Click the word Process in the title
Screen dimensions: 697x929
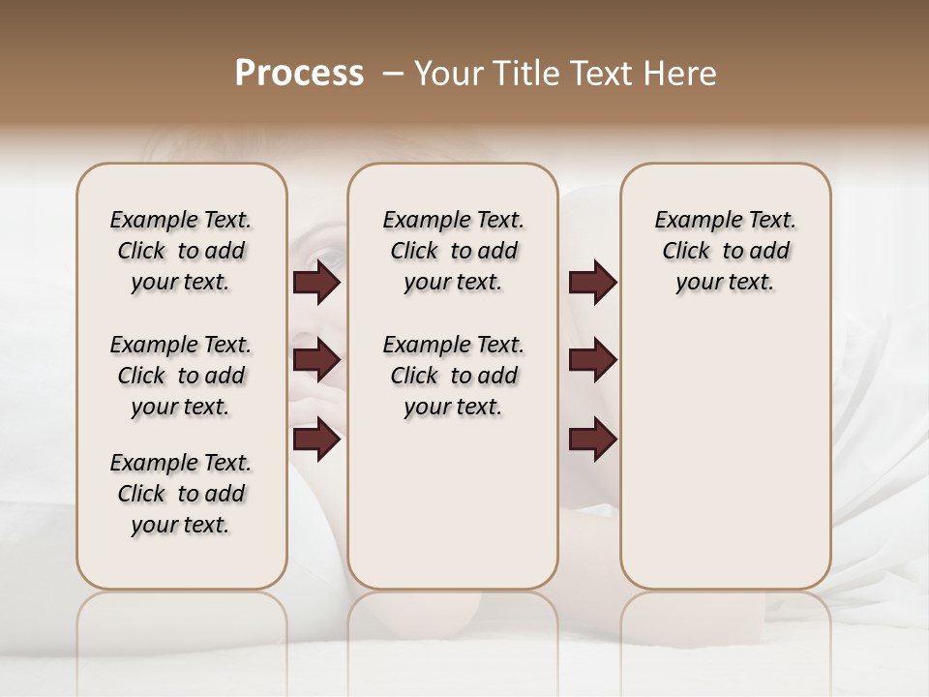click(299, 74)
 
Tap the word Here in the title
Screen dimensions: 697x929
click(682, 74)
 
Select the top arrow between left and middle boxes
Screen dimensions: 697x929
click(316, 283)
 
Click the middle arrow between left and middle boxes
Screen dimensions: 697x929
click(316, 360)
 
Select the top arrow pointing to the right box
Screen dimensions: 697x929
click(592, 283)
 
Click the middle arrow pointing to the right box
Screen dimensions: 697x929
click(592, 360)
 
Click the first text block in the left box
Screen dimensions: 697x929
click(181, 251)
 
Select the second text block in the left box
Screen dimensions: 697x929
click(181, 376)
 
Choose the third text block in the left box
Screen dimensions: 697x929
click(181, 494)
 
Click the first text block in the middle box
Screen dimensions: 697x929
click(454, 251)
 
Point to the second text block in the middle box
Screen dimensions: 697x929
click(454, 376)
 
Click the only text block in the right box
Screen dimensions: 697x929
click(726, 251)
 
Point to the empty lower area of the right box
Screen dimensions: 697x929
click(726, 465)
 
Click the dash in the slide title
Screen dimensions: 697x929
click(393, 74)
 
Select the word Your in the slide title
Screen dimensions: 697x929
click(444, 74)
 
